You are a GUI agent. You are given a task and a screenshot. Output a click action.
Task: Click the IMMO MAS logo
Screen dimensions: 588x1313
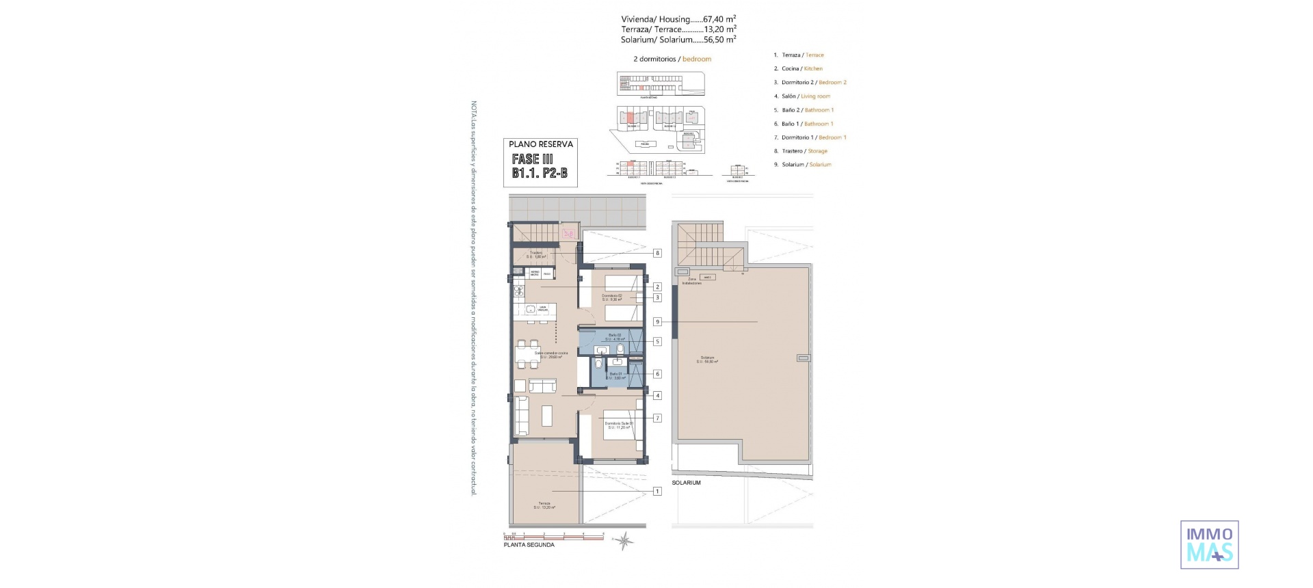pyautogui.click(x=1209, y=544)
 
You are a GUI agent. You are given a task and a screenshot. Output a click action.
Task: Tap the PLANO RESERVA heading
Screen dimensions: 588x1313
pyautogui.click(x=540, y=144)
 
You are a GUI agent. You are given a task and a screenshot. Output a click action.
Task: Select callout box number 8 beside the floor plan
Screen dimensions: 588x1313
pyautogui.click(x=657, y=253)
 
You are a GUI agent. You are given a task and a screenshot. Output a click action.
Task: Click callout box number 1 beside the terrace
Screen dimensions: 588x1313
pyautogui.click(x=657, y=491)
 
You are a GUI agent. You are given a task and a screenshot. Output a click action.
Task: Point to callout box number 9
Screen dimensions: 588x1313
pyautogui.click(x=657, y=321)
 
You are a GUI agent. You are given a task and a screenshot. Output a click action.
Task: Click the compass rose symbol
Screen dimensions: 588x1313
pyautogui.click(x=623, y=542)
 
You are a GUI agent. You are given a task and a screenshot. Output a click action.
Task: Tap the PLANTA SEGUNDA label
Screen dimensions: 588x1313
pyautogui.click(x=529, y=545)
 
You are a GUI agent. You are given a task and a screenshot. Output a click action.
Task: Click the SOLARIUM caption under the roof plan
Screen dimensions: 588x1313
pyautogui.click(x=686, y=483)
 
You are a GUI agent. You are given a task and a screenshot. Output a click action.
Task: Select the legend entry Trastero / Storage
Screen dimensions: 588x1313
pyautogui.click(x=804, y=151)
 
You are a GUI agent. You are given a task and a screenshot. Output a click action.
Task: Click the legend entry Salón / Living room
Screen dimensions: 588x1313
pyautogui.click(x=806, y=96)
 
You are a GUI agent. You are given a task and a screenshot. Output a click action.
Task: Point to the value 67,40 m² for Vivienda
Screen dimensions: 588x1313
pyautogui.click(x=719, y=19)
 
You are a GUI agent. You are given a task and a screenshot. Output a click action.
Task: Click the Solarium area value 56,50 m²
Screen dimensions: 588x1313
pyautogui.click(x=719, y=40)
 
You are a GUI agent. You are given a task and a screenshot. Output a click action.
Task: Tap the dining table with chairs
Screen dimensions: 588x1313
pyautogui.click(x=527, y=355)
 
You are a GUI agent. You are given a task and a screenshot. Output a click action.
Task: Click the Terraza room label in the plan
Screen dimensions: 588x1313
pyautogui.click(x=544, y=505)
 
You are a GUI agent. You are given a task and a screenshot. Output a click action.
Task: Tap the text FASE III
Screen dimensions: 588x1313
pyautogui.click(x=532, y=159)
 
